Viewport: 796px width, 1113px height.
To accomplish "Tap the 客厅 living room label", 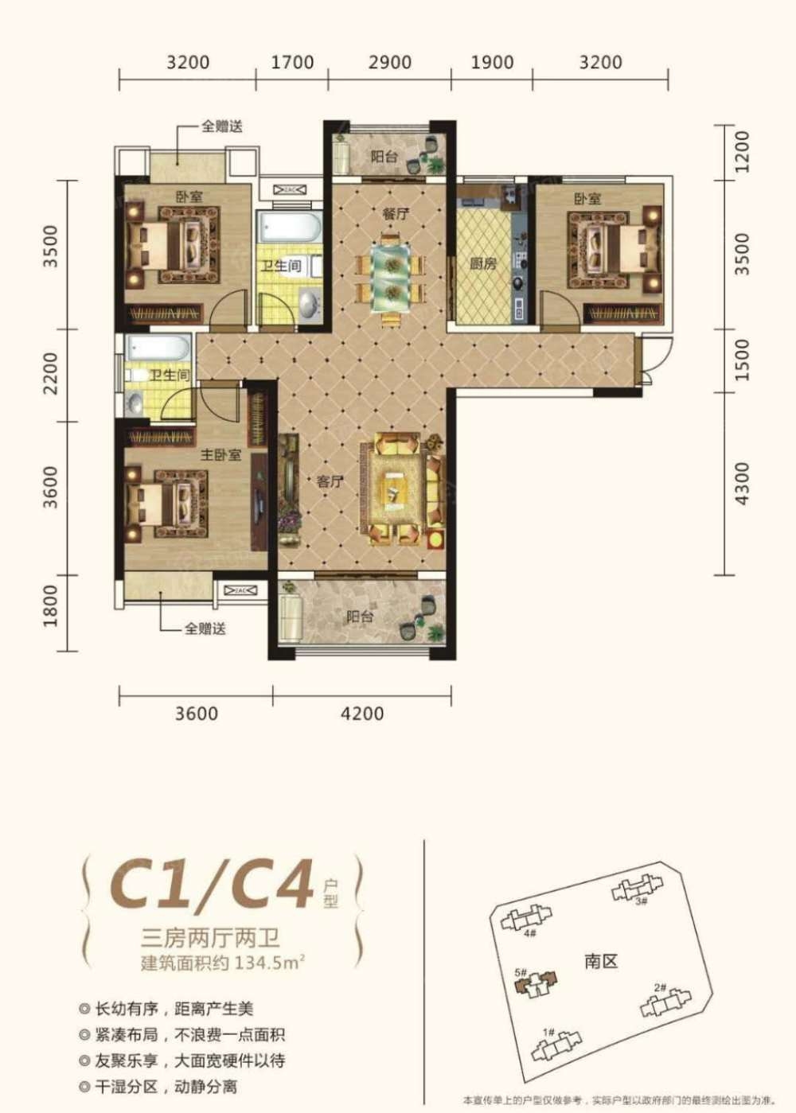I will click(x=330, y=481).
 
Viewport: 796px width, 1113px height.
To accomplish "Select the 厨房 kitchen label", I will click(x=483, y=263).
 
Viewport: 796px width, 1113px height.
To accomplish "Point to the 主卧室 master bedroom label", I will click(x=220, y=455).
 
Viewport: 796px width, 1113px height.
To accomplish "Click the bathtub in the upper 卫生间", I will click(x=289, y=228).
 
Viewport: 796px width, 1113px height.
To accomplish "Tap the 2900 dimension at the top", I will click(x=390, y=62).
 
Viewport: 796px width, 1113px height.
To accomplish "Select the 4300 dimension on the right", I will click(x=742, y=483).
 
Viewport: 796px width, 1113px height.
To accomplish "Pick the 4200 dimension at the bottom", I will click(x=362, y=714).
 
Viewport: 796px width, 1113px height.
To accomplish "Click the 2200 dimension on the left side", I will click(x=50, y=374).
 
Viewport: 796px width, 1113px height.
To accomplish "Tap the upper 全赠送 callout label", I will click(x=221, y=126).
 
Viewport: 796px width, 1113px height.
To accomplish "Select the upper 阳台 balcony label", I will click(x=384, y=157).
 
